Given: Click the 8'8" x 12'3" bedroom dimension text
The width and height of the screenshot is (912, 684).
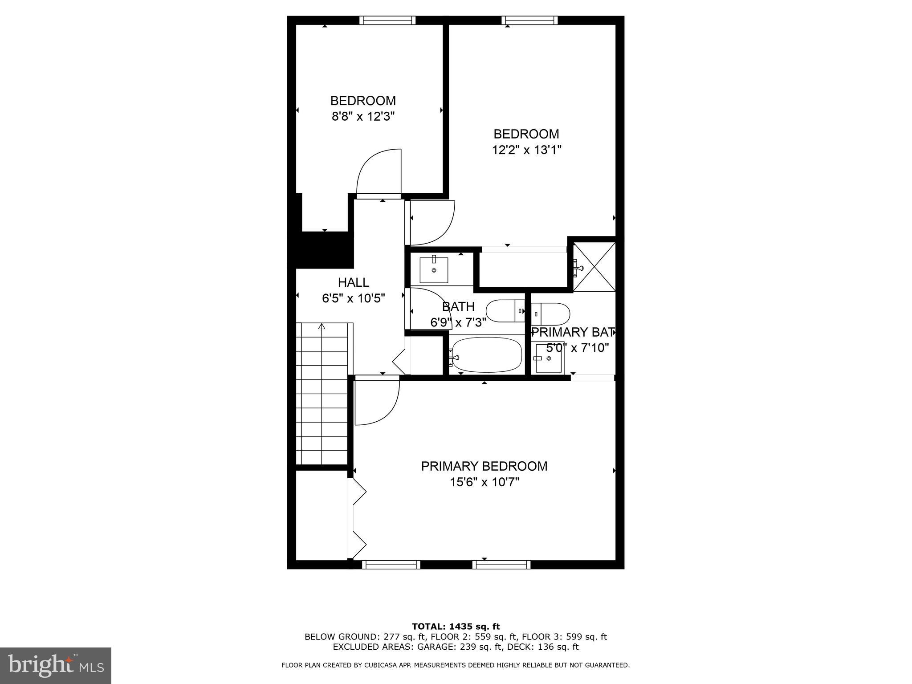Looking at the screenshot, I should point(363,117).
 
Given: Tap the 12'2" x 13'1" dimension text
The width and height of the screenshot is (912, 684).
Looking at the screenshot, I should point(526,150).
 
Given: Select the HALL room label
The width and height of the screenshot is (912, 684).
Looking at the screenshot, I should point(353,282).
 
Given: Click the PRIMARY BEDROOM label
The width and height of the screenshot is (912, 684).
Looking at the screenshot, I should point(484,466).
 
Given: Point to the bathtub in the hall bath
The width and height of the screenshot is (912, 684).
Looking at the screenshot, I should point(485,354).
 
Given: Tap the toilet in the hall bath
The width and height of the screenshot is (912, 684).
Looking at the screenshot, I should point(505,311).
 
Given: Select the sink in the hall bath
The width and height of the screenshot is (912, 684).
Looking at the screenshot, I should point(434,270).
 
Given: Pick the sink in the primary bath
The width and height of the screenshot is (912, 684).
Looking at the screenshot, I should point(549,358).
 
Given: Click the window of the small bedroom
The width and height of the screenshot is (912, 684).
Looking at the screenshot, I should point(387,20).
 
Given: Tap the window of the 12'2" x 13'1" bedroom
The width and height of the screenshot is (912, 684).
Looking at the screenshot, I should point(529,20).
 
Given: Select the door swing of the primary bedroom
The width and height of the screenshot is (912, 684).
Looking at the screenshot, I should point(377,401).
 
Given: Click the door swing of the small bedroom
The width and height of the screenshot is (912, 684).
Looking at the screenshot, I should point(379,174).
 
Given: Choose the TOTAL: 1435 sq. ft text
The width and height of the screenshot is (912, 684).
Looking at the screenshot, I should point(456,627).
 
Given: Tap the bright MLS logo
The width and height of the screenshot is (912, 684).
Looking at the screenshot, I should point(56,665).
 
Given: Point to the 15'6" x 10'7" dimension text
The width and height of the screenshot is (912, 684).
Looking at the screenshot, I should point(484,482).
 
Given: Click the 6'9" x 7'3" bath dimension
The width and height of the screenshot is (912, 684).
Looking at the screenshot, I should point(458,322).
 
